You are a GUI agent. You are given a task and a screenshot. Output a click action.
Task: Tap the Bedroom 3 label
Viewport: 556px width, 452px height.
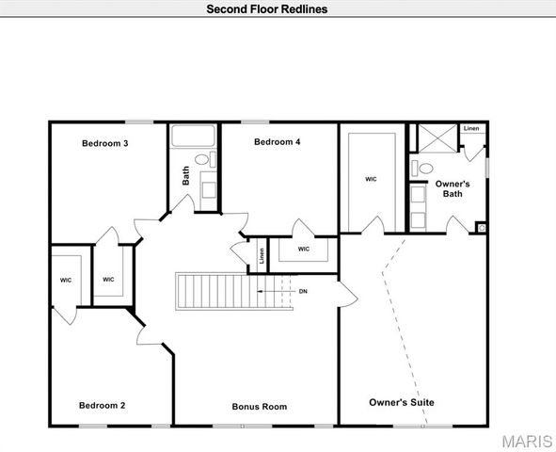point(104,144)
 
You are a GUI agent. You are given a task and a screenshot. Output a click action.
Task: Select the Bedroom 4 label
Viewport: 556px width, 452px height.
point(278,142)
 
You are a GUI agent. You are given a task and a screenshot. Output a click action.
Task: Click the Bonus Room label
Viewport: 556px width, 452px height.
point(260,407)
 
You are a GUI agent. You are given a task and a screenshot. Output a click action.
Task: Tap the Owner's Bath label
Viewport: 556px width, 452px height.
point(456,188)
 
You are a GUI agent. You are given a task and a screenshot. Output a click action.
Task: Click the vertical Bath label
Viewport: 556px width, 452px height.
point(186,174)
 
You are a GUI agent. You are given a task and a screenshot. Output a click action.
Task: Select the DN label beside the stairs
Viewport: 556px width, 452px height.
point(303,291)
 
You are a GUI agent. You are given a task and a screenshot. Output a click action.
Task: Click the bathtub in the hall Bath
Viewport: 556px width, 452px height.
point(193,136)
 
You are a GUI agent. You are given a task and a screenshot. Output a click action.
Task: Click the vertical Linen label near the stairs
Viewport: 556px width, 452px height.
point(261,255)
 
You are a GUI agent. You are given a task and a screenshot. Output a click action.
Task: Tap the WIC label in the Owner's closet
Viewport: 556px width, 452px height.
point(371,178)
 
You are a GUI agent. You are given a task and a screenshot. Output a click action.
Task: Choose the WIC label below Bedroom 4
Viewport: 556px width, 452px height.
point(304,249)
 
